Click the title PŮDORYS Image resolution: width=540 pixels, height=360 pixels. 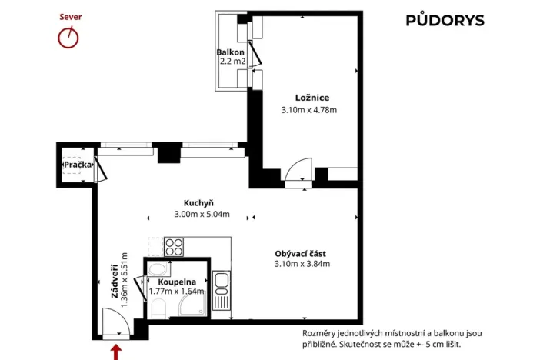(x=445, y=21)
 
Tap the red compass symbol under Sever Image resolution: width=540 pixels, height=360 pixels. (x=69, y=37)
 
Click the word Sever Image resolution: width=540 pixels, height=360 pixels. (x=70, y=16)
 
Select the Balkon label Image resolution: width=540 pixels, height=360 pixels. (x=230, y=52)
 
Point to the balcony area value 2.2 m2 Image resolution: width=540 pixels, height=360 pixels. (x=232, y=61)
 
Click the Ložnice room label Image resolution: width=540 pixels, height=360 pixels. (x=312, y=98)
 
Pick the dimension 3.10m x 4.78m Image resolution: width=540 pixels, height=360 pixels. (x=309, y=110)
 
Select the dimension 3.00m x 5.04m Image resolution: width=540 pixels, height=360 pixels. (x=202, y=215)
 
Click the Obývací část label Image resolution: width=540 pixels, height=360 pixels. (x=302, y=253)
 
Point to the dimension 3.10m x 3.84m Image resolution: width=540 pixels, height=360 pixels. (x=302, y=265)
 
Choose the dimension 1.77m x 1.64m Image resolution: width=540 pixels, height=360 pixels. (x=176, y=292)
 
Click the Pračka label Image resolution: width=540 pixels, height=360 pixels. (x=77, y=165)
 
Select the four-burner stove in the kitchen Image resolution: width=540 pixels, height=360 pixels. (x=174, y=247)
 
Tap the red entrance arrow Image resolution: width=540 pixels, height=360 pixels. (x=116, y=351)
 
